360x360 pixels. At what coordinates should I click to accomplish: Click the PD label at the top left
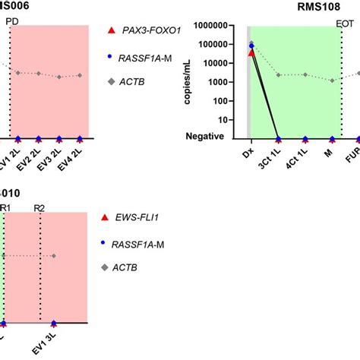pos(11,21)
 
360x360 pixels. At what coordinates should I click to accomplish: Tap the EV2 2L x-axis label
pos(37,155)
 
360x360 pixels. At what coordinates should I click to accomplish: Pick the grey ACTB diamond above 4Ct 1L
pos(305,74)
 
